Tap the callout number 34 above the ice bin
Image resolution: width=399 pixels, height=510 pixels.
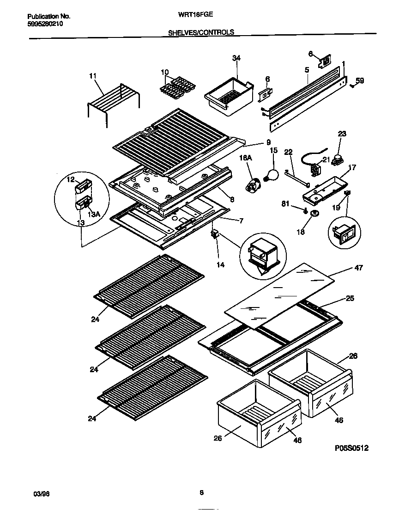point(236,58)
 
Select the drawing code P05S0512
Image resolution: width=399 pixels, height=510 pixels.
point(352,448)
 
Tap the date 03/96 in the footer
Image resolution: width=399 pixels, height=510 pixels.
point(42,493)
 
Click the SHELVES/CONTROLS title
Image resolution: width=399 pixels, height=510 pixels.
point(200,32)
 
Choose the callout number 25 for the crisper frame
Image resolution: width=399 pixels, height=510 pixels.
point(350,299)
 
